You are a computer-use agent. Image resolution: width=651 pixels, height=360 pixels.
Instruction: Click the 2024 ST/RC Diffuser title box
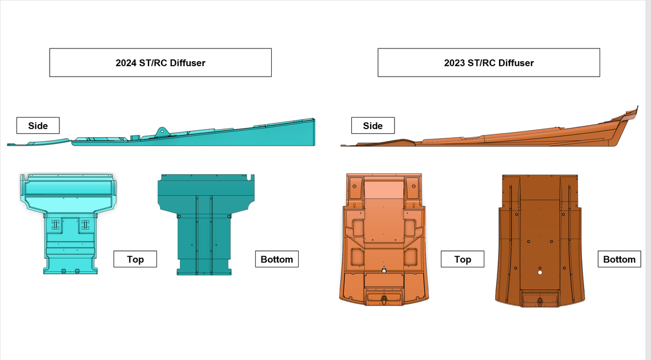(x=160, y=63)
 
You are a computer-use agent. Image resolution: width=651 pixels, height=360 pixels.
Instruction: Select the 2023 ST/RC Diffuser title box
(x=489, y=63)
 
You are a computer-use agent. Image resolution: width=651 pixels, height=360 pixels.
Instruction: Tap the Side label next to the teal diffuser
(x=38, y=125)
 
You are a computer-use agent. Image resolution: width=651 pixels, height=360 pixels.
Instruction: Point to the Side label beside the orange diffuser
(x=373, y=125)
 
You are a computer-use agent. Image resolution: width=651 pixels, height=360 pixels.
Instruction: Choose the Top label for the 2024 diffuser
(x=135, y=259)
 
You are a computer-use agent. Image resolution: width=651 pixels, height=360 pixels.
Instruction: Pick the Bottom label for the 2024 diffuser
(x=277, y=259)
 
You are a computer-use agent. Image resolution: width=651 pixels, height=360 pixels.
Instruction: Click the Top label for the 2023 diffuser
(x=463, y=259)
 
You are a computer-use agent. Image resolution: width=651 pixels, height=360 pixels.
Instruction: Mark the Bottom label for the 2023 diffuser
(x=620, y=259)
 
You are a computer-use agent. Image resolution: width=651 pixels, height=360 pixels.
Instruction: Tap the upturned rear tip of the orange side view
(x=632, y=112)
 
